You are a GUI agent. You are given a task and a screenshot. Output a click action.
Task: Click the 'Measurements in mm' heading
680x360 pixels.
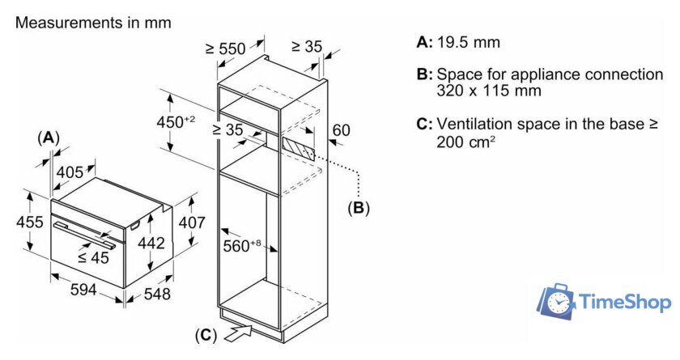(93, 23)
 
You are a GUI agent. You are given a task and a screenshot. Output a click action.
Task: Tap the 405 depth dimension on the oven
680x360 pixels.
(70, 172)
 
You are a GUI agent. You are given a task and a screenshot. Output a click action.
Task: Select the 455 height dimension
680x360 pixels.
(14, 222)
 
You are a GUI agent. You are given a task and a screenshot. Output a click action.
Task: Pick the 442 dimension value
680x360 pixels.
(151, 243)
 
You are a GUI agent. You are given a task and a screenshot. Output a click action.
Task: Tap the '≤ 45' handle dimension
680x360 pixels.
(94, 258)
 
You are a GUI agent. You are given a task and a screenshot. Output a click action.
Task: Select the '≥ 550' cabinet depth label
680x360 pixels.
(225, 49)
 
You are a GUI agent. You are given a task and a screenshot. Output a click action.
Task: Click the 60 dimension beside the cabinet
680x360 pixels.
(341, 130)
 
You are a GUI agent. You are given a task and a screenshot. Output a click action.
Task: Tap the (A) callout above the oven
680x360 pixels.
(49, 138)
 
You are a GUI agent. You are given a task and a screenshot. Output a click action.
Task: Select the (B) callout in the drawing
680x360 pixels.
(359, 208)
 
